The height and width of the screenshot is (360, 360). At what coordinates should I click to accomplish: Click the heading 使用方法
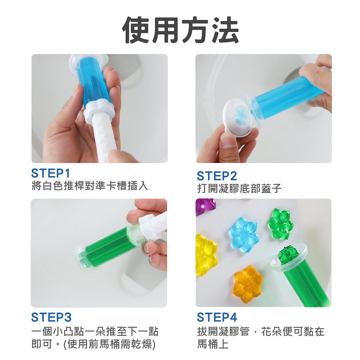point(180,30)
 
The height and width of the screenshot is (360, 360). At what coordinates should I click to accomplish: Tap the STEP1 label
point(50,174)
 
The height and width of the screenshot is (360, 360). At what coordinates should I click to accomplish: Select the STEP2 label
point(217,176)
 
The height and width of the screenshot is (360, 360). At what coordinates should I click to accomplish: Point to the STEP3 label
point(51,317)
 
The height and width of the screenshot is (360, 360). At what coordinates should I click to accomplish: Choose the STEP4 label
point(217,317)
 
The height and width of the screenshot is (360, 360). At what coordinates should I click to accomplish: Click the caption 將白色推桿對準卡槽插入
point(90,186)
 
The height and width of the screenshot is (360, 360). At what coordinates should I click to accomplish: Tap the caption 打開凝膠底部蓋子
point(239,189)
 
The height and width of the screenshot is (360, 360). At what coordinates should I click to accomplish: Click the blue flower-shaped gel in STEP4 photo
point(244,234)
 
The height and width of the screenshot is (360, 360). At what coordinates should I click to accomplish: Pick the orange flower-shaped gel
point(247,285)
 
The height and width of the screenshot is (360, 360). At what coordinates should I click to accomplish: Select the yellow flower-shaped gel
point(206,255)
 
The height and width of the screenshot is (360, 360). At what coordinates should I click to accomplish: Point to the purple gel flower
point(205,206)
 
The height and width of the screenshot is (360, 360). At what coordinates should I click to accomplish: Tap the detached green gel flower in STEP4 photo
point(280,224)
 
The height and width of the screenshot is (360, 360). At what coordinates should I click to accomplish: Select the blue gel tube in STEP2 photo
point(287,95)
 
